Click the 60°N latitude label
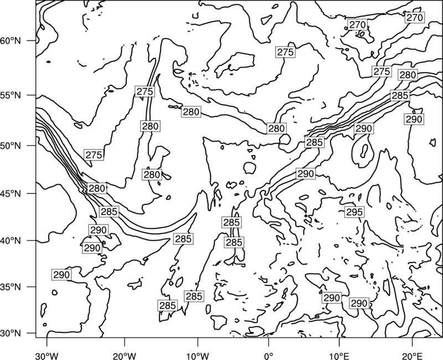pyautogui.click(x=11, y=41)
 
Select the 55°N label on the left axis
pyautogui.click(x=11, y=95)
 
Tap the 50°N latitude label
pyautogui.click(x=11, y=146)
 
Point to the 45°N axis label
pyautogui.click(x=11, y=193)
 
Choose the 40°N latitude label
pyautogui.click(x=11, y=241)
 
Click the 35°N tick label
pyautogui.click(x=11, y=287)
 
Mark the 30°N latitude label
pyautogui.click(x=11, y=333)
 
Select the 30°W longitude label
pyautogui.click(x=47, y=356)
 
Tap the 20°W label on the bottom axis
pyautogui.click(x=124, y=356)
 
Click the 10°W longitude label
pyautogui.click(x=198, y=356)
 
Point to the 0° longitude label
pyautogui.click(x=269, y=356)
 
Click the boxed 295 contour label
pyautogui.click(x=354, y=212)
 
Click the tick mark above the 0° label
pyautogui.click(x=269, y=342)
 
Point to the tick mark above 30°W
pyautogui.click(x=47, y=342)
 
